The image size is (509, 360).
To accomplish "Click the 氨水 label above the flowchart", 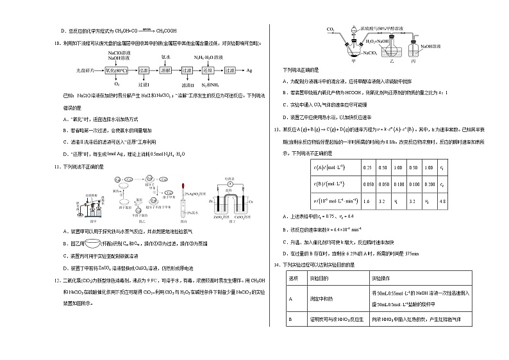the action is (165, 56).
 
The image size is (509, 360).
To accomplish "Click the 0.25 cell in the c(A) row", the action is (367, 167).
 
